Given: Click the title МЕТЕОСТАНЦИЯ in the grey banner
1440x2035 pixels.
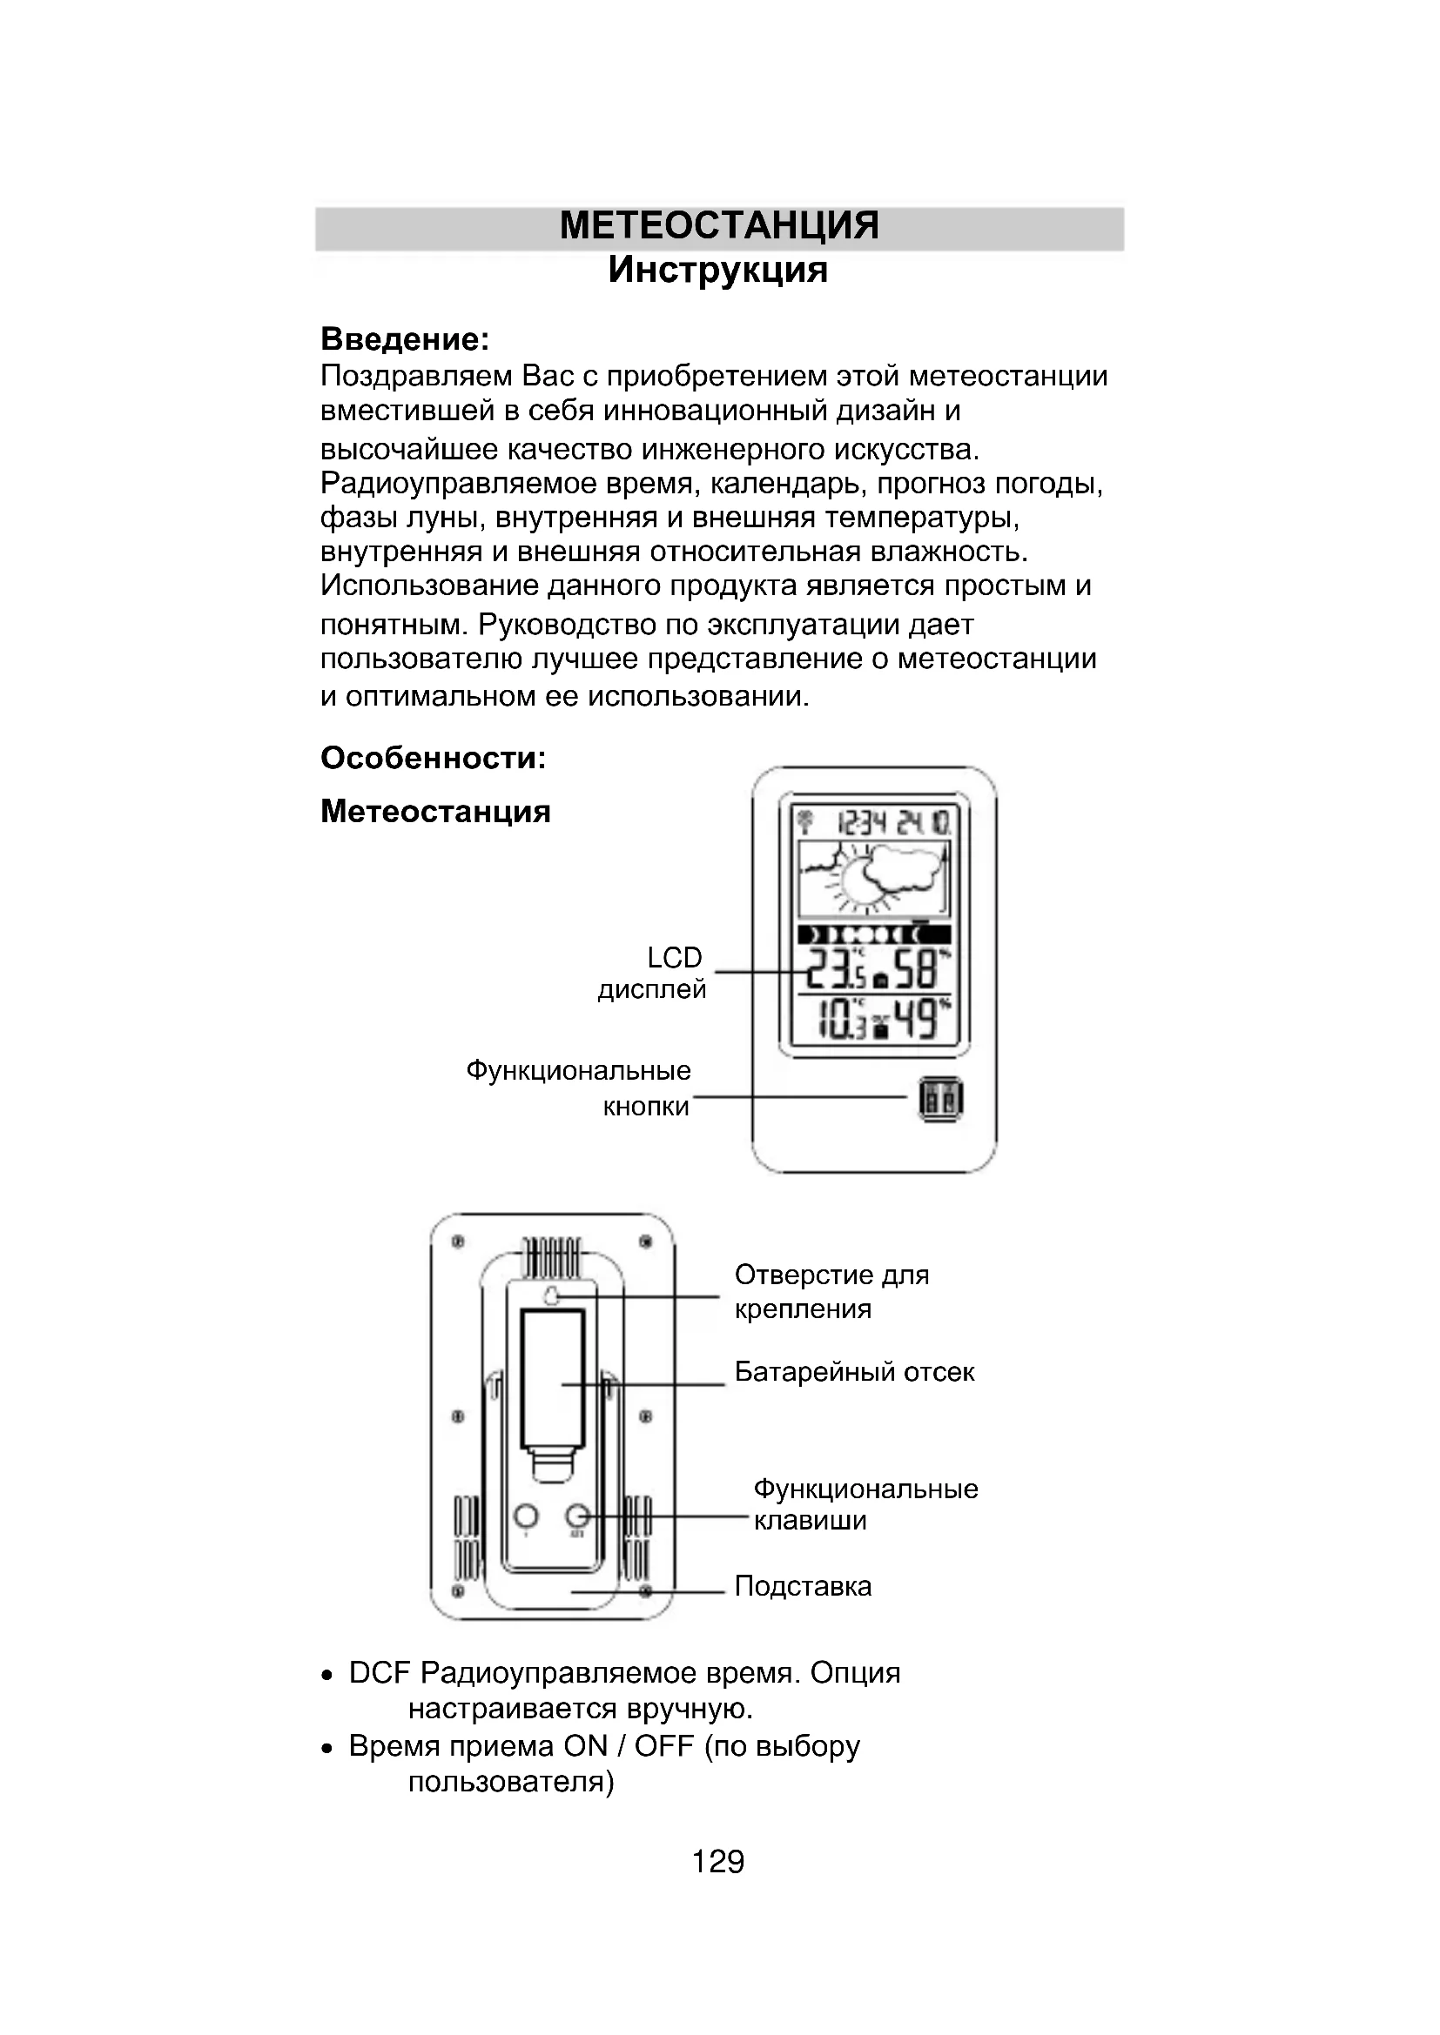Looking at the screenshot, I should coord(719,226).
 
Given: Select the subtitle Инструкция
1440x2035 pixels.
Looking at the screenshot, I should coord(717,270).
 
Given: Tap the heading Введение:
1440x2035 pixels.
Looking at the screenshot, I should coord(404,338).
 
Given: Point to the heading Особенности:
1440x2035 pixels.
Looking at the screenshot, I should coord(433,758).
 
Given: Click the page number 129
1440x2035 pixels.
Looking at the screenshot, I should coord(717,1861).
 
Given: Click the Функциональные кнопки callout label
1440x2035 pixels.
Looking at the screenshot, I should coord(579,1088).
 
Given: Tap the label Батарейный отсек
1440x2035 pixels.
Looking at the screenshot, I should coord(854,1372).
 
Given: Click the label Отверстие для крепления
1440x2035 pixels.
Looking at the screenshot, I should coord(831,1291).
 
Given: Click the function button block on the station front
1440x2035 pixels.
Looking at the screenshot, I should coord(941,1100).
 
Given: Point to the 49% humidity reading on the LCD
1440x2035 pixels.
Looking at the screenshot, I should coord(919,1020).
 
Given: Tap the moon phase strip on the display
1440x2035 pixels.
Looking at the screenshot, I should coord(873,934).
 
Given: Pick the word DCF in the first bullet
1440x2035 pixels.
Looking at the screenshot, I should coord(380,1673).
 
